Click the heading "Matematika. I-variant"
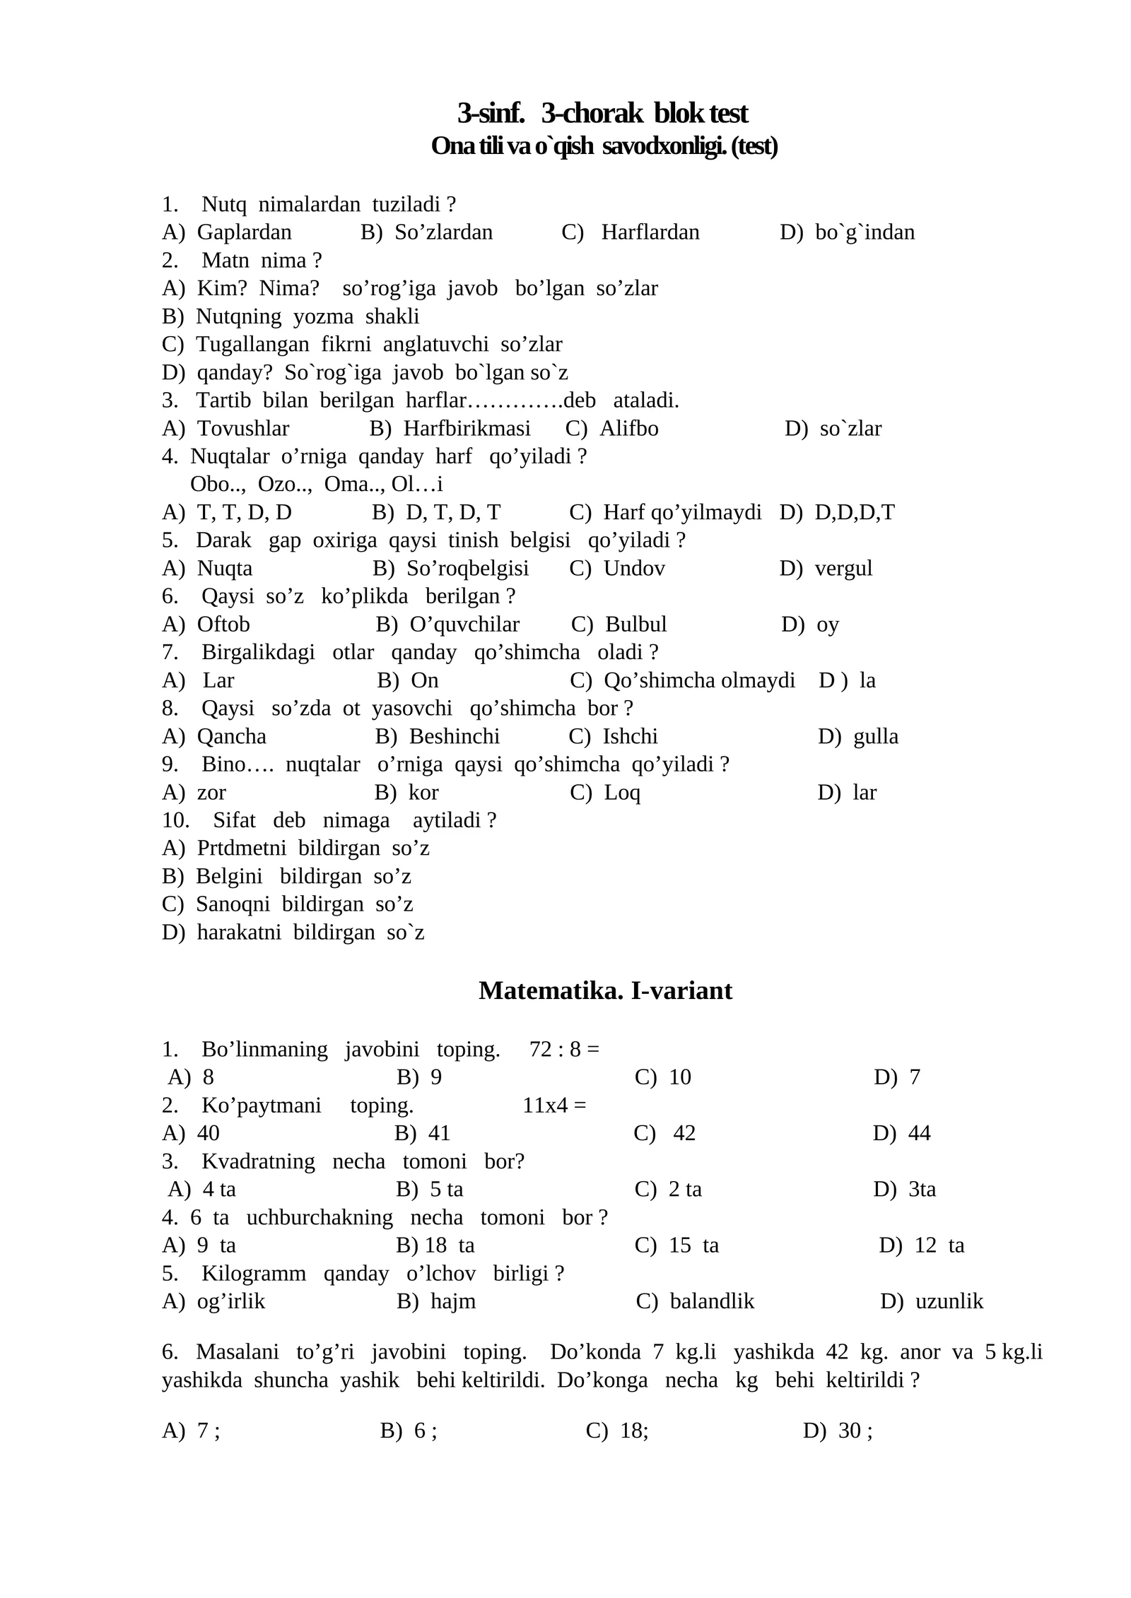(605, 990)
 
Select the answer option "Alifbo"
(628, 429)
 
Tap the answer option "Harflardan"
(650, 232)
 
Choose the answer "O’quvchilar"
(464, 625)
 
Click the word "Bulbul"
(635, 625)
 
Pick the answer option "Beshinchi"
(454, 736)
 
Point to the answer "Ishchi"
(630, 736)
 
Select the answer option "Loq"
(622, 793)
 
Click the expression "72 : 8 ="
(563, 1049)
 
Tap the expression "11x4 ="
(554, 1105)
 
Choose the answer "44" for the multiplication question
(919, 1133)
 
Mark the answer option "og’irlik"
(230, 1301)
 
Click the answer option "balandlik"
(712, 1301)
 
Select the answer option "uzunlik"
(949, 1301)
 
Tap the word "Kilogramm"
(254, 1274)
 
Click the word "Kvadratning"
(258, 1161)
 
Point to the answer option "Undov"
(634, 568)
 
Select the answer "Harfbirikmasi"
(467, 429)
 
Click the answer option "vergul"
(843, 568)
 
